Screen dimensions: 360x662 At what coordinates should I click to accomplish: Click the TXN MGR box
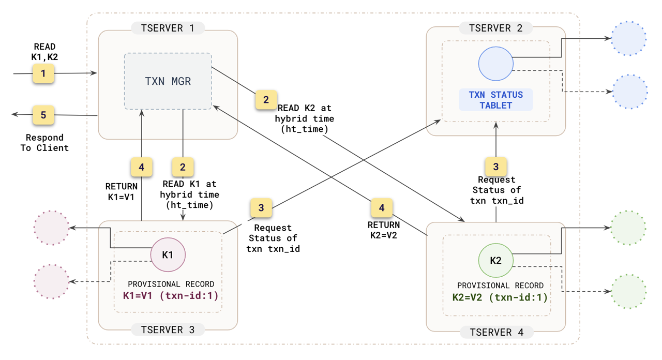[168, 81]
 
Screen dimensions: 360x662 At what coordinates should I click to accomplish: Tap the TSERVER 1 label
[168, 28]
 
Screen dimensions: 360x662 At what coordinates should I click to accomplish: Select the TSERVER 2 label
[495, 28]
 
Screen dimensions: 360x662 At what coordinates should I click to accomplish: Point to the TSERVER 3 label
[168, 330]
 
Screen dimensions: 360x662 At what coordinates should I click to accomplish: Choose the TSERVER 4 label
[496, 332]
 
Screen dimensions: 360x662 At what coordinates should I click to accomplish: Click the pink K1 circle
[168, 254]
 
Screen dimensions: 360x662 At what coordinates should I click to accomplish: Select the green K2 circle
[495, 260]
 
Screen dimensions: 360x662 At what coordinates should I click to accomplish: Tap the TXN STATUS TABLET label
[495, 100]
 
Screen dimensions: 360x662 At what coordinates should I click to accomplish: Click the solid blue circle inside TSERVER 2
[495, 64]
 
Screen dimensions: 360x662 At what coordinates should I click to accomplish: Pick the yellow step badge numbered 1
[43, 73]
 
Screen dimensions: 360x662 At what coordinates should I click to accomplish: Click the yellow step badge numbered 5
[43, 115]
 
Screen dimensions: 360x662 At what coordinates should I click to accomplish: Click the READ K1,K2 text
[44, 52]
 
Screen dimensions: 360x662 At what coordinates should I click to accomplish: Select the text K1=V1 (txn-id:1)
[170, 296]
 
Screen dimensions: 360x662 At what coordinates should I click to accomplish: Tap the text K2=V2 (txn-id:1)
[500, 297]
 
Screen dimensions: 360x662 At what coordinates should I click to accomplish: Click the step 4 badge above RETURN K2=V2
[382, 208]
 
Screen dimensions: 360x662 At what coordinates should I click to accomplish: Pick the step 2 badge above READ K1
[183, 167]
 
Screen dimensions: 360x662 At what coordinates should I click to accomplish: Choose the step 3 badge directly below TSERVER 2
[496, 167]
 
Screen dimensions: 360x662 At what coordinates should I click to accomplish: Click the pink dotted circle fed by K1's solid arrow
[51, 228]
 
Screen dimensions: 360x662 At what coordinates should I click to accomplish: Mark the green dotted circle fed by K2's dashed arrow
[629, 292]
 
